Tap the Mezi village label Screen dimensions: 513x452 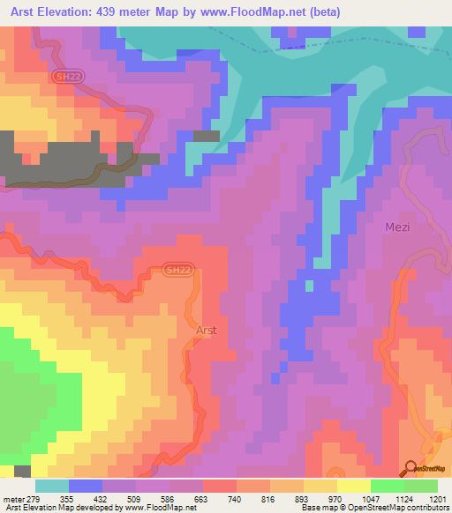[x=398, y=227]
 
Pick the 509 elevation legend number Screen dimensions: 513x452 [x=135, y=498]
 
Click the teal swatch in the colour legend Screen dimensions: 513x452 [x=51, y=486]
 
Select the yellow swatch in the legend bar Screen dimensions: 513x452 [x=353, y=486]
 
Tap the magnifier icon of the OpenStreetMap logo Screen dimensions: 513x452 [x=411, y=468]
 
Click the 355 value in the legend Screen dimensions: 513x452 [x=67, y=498]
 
